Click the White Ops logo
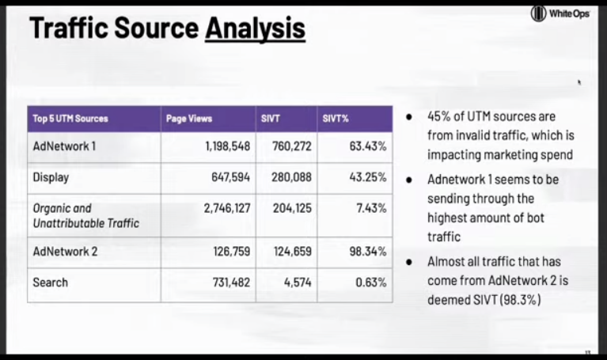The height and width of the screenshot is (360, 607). tap(560, 14)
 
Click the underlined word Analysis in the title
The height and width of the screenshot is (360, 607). tap(255, 28)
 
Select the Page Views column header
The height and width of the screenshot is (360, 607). tap(189, 119)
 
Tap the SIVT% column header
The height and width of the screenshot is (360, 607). tap(336, 119)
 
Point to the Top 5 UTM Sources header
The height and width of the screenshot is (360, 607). tap(70, 119)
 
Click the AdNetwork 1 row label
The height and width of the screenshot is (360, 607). tap(64, 146)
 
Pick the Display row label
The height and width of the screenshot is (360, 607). tap(51, 177)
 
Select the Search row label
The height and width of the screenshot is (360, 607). tap(51, 282)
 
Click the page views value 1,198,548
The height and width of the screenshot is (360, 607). tap(228, 146)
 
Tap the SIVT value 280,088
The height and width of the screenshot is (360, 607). tap(291, 177)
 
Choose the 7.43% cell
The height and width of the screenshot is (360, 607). tap(371, 208)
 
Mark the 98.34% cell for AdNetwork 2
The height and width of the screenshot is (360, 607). tap(368, 252)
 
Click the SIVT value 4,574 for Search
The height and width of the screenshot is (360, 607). tap(298, 282)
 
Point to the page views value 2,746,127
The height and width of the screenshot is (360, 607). tap(227, 208)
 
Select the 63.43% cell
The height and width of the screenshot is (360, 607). tap(368, 146)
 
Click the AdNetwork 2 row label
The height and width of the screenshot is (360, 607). tap(65, 252)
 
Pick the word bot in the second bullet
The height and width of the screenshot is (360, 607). tap(536, 218)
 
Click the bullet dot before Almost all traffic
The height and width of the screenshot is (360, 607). tap(409, 262)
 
